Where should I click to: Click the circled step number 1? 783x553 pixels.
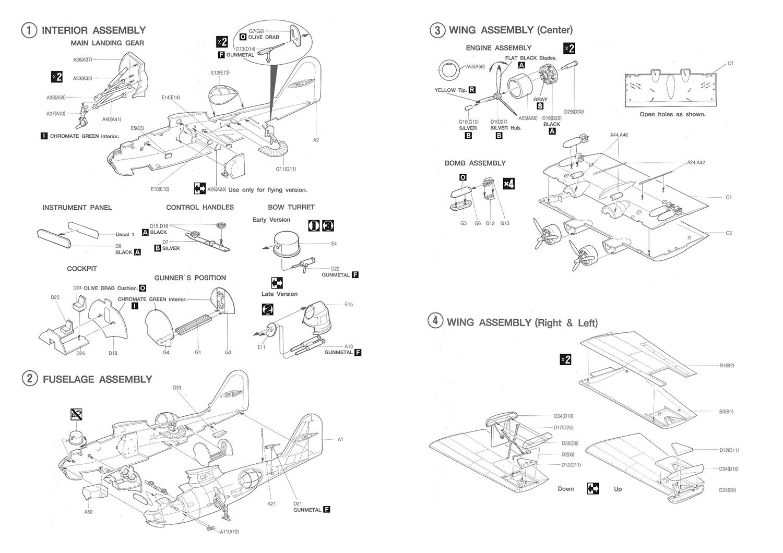[x=29, y=30]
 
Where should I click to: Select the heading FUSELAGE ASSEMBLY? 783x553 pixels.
[x=97, y=379]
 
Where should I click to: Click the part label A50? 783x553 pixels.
[x=88, y=512]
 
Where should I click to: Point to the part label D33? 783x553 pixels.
[x=177, y=388]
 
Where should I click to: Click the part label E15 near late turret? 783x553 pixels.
[x=349, y=305]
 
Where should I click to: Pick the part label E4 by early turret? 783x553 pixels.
[x=334, y=244]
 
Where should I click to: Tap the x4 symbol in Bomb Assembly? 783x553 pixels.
[x=508, y=184]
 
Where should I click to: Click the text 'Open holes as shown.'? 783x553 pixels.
[x=672, y=114]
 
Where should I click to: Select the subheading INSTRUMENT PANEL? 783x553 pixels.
[x=77, y=208]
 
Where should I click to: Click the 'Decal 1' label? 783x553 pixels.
[x=125, y=235]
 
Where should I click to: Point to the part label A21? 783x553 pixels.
[x=271, y=504]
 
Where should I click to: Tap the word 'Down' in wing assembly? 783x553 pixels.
[x=565, y=489]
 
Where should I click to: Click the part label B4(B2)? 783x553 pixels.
[x=727, y=366]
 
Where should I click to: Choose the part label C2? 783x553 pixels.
[x=729, y=233]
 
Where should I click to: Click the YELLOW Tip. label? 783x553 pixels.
[x=450, y=90]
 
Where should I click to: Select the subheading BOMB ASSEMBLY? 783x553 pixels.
[x=475, y=163]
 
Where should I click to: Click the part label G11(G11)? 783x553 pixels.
[x=286, y=169]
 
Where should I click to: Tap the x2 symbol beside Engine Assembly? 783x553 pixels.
[x=570, y=49]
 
